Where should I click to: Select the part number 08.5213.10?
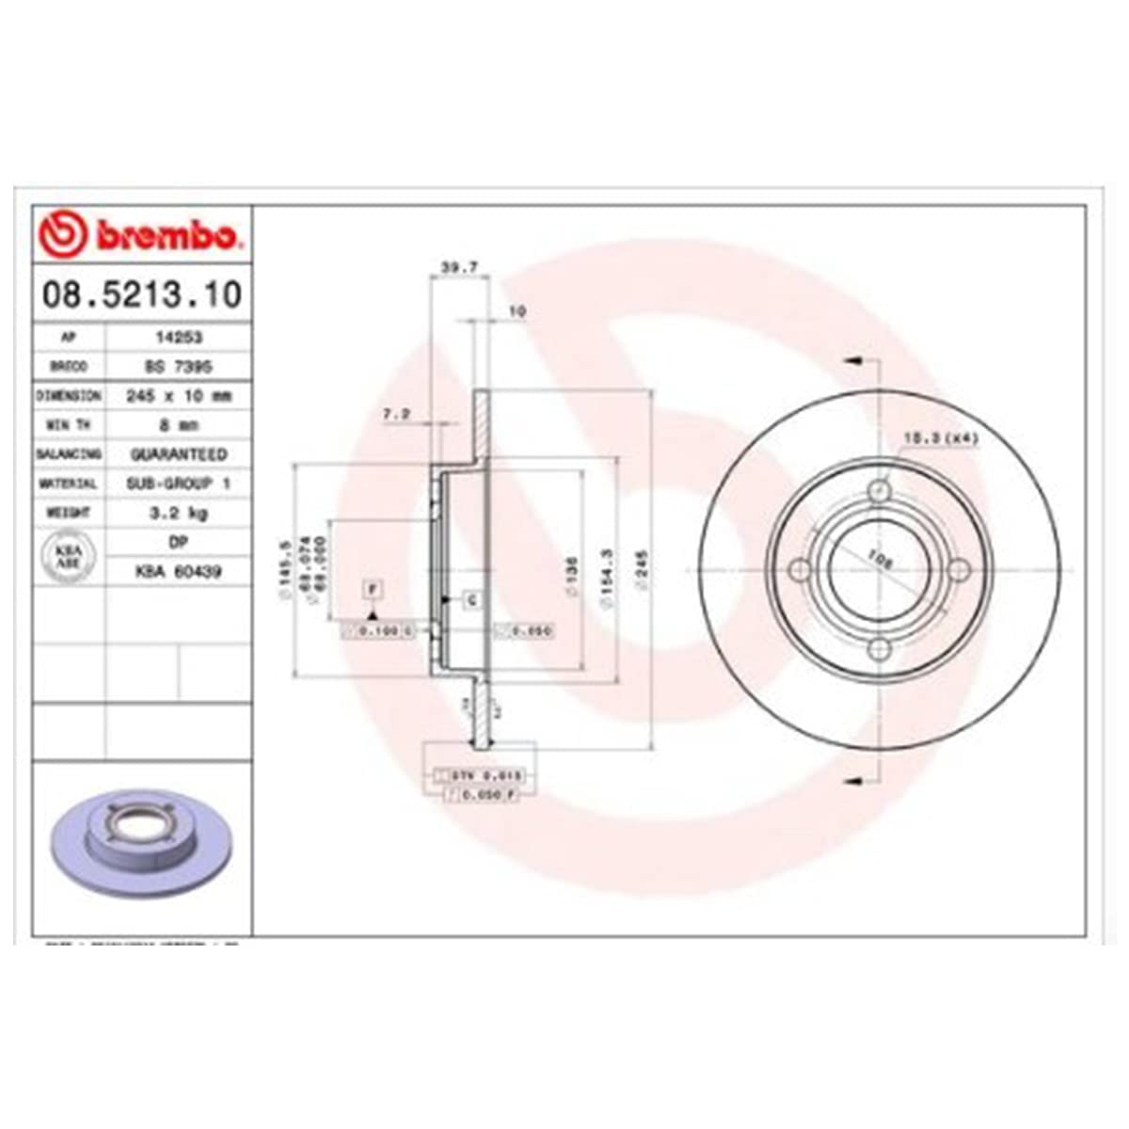click(x=142, y=294)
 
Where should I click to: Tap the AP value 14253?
click(x=178, y=337)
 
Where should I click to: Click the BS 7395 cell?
click(x=178, y=366)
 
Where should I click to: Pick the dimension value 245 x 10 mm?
click(x=178, y=396)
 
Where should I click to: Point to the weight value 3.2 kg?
click(x=178, y=513)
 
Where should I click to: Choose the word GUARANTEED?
click(x=178, y=454)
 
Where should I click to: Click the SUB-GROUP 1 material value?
click(x=178, y=484)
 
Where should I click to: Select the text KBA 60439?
click(x=178, y=571)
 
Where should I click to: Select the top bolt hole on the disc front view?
click(x=880, y=491)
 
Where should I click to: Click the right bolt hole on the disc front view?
click(x=959, y=570)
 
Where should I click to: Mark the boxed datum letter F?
click(x=374, y=590)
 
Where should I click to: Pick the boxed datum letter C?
click(x=471, y=599)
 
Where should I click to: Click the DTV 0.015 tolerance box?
click(x=486, y=775)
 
